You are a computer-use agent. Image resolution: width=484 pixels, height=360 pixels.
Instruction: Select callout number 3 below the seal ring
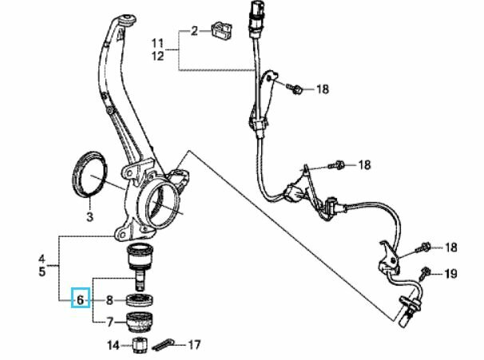point(89,216)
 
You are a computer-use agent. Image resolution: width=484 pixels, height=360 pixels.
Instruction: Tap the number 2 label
point(194,31)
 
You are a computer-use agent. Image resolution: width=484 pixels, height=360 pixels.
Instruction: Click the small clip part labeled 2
point(223,31)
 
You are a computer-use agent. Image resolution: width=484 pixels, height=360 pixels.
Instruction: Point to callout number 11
point(157,43)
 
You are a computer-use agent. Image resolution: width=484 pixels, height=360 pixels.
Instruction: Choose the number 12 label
point(157,56)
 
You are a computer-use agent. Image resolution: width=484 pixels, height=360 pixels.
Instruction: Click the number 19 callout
point(450,273)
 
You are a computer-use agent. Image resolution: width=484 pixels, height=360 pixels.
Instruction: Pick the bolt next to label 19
point(426,273)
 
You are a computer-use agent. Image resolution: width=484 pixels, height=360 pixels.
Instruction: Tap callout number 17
point(194,345)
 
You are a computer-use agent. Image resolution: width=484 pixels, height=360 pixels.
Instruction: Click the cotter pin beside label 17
point(163,345)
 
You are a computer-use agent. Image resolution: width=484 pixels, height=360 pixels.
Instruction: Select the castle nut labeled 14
point(140,346)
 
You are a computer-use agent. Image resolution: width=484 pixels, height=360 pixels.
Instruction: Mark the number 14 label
point(113,345)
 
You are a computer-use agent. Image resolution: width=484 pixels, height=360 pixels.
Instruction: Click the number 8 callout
point(109,300)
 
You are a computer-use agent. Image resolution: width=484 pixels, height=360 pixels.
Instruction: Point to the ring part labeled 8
point(140,300)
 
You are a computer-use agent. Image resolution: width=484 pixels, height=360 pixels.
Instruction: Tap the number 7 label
point(110,322)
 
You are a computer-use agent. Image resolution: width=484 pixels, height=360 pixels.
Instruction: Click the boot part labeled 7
point(140,322)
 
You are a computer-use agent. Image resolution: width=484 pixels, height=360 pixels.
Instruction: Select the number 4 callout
point(42,259)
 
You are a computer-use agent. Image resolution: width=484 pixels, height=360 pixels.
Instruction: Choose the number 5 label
point(42,271)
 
